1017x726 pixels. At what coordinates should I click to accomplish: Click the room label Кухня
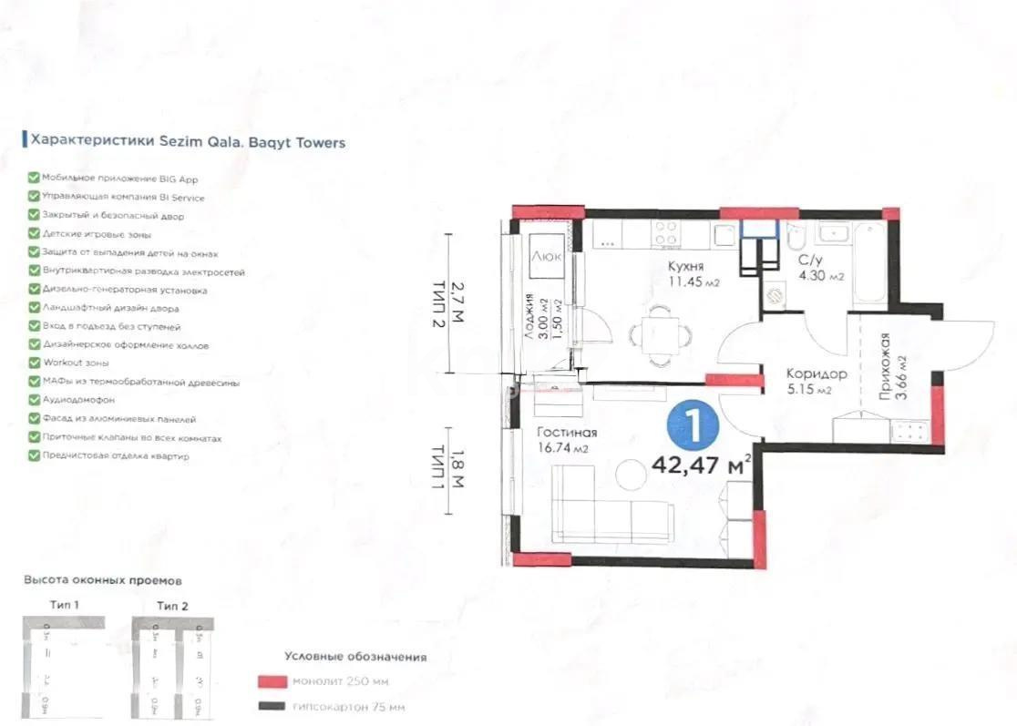683,266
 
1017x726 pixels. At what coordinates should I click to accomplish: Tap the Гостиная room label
566,433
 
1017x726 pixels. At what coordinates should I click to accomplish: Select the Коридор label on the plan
817,373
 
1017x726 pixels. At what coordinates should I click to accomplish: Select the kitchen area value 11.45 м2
693,282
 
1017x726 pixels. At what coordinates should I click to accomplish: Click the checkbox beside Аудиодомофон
34,400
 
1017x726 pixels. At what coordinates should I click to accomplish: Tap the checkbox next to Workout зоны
34,363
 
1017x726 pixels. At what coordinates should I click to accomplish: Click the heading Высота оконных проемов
103,579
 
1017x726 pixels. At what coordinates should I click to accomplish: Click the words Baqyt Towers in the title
297,142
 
